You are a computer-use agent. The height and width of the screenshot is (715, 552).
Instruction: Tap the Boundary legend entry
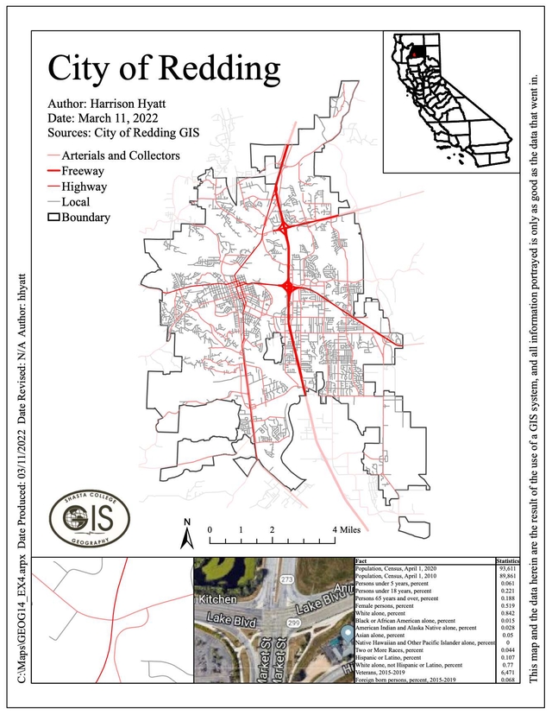(85, 217)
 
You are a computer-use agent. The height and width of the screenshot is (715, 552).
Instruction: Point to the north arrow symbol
(185, 534)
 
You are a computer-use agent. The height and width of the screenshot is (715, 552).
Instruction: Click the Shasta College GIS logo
(88, 518)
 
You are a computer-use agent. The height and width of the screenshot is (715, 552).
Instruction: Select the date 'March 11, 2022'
(128, 118)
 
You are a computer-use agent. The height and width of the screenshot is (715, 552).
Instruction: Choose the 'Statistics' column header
(509, 561)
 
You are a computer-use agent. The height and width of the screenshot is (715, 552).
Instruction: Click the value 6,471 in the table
(510, 670)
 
